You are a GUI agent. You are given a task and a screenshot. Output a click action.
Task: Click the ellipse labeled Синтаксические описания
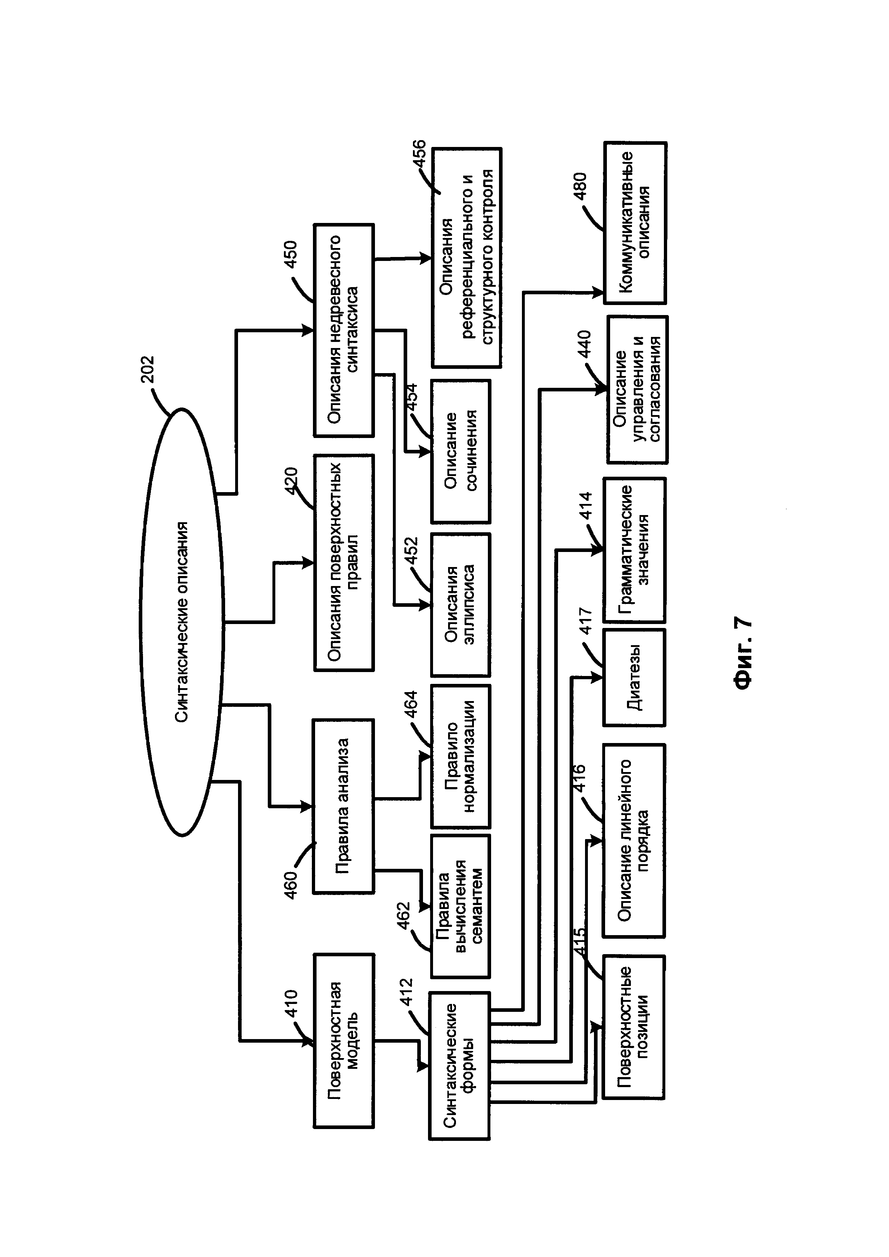[182, 622]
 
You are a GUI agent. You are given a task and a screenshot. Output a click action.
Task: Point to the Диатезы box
[634, 678]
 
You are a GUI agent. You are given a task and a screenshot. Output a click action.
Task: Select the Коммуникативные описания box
[635, 223]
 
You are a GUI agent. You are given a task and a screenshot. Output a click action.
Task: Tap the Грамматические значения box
[634, 550]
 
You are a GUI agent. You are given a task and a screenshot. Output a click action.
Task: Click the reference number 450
[290, 254]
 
